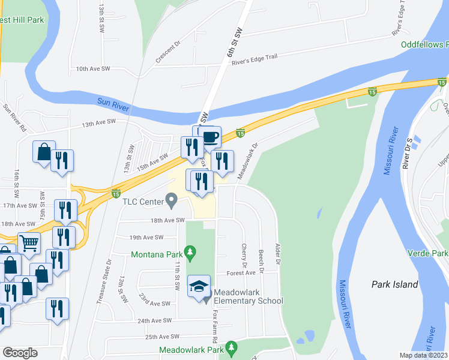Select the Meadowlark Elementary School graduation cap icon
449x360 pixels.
coord(199,286)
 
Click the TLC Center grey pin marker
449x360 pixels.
coord(171,200)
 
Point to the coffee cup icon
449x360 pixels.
coord(210,137)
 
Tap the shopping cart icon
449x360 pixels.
coord(29,242)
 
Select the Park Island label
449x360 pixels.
coord(394,284)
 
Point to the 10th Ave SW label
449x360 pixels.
coord(93,69)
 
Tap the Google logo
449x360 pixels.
coord(20,353)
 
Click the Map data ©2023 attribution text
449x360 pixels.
coord(424,355)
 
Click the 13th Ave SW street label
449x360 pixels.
coord(98,122)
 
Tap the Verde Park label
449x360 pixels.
coord(435,254)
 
